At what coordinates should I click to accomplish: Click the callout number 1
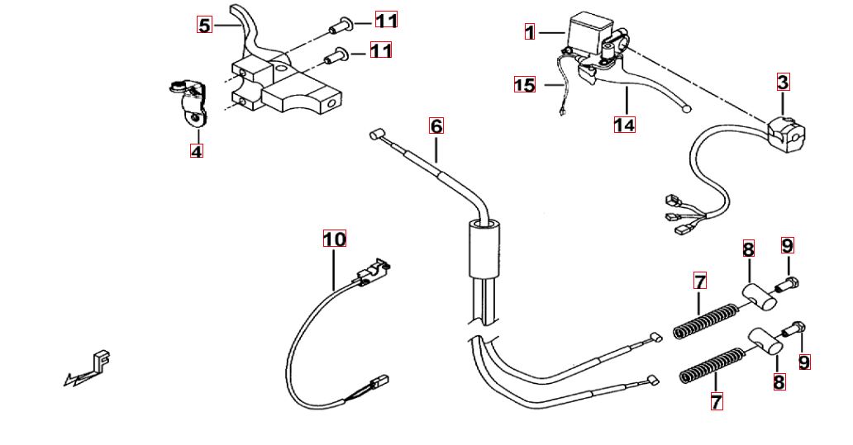point(530,32)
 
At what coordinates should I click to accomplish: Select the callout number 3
point(783,82)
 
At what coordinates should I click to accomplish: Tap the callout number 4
point(196,151)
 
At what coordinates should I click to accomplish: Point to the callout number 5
point(204,25)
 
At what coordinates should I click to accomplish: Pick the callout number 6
point(436,126)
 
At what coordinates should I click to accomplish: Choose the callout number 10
point(334,239)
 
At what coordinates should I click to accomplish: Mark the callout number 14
point(624,125)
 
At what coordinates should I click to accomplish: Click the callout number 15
point(525,85)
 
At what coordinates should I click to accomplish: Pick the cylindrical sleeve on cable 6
point(484,248)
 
